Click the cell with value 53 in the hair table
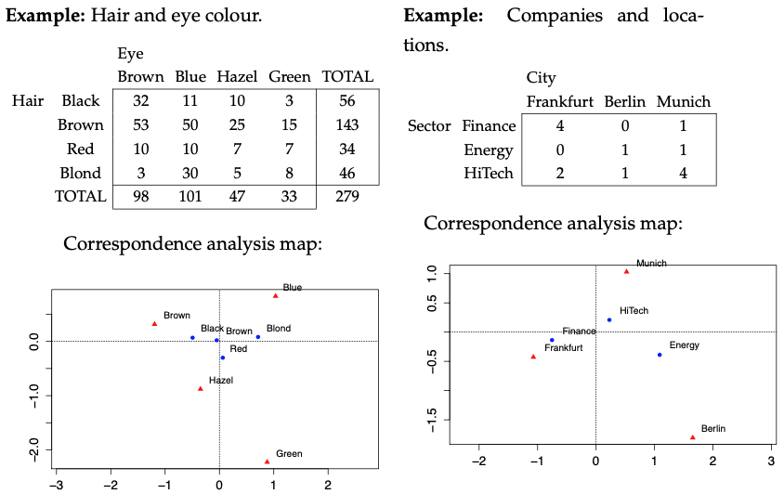tap(140, 124)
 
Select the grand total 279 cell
tap(346, 197)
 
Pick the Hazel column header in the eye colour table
tap(237, 77)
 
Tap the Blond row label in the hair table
tap(81, 173)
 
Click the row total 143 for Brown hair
tap(346, 124)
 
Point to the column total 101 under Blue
tap(190, 197)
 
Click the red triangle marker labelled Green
tap(268, 461)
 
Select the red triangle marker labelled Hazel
tap(201, 388)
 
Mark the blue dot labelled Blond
tap(258, 337)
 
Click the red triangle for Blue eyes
tap(276, 295)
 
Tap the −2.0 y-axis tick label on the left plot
tap(36, 451)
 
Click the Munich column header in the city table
tap(683, 101)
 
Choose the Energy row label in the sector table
tap(488, 149)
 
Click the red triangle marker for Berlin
tap(693, 436)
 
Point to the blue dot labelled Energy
tap(660, 355)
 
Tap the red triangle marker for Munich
tap(627, 271)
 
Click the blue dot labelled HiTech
tap(609, 319)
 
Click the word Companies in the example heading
tap(554, 17)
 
